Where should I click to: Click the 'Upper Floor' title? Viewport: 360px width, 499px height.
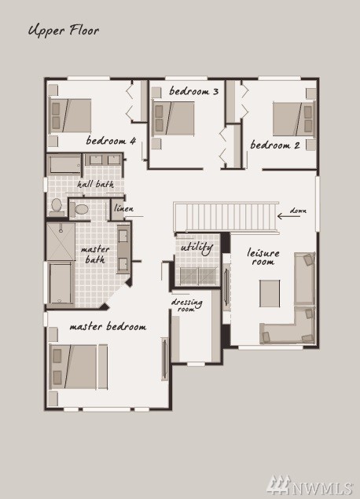pyautogui.click(x=64, y=31)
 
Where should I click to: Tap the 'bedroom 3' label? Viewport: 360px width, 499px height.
pyautogui.click(x=194, y=91)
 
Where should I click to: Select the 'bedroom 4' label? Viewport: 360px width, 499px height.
pyautogui.click(x=111, y=141)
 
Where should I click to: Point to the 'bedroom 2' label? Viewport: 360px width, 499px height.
pyautogui.click(x=275, y=145)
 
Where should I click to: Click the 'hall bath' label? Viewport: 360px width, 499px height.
pyautogui.click(x=95, y=184)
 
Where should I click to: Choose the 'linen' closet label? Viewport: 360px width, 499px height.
pyautogui.click(x=124, y=208)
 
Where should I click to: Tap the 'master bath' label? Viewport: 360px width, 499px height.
pyautogui.click(x=95, y=255)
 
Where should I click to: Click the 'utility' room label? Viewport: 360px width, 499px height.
pyautogui.click(x=197, y=248)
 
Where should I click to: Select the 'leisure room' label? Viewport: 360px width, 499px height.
pyautogui.click(x=263, y=257)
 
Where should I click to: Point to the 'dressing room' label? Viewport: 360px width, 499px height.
pyautogui.click(x=186, y=305)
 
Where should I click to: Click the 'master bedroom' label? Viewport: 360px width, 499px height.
pyautogui.click(x=108, y=327)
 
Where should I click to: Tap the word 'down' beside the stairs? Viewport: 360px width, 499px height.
pyautogui.click(x=298, y=211)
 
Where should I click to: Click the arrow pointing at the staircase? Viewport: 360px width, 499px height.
pyautogui.click(x=288, y=216)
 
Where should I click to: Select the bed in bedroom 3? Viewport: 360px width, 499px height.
pyautogui.click(x=173, y=118)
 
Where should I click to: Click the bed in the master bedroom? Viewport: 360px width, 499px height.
pyautogui.click(x=79, y=367)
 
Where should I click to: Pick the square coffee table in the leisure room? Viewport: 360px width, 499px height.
pyautogui.click(x=270, y=293)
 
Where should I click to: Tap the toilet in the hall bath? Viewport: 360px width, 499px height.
pyautogui.click(x=57, y=206)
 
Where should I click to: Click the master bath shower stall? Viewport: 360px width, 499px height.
pyautogui.click(x=61, y=241)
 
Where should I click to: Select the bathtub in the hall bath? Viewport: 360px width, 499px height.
pyautogui.click(x=64, y=164)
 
